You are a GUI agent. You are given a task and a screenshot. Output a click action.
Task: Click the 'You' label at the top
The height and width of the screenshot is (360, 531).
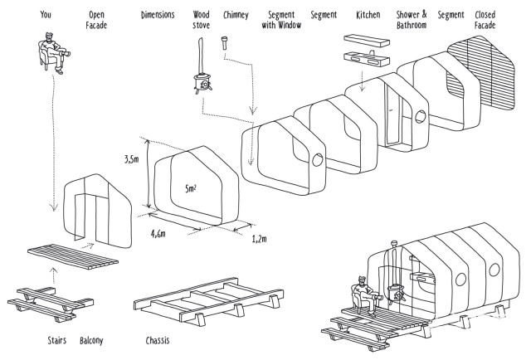(x=46, y=15)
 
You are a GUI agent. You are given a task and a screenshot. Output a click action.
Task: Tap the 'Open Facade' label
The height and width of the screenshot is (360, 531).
(x=96, y=20)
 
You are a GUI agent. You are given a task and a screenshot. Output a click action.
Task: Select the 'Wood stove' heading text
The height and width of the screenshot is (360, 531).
(x=201, y=20)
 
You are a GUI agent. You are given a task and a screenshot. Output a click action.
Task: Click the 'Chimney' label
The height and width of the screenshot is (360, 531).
(x=236, y=15)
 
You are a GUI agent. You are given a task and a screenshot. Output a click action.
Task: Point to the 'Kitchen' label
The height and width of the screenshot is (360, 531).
(x=368, y=15)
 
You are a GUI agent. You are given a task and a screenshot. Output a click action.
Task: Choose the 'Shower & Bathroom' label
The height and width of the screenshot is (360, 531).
(x=412, y=20)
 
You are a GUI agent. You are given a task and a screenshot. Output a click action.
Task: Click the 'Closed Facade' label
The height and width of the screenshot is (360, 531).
(x=485, y=20)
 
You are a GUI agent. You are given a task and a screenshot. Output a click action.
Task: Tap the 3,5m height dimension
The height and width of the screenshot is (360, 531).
(x=132, y=159)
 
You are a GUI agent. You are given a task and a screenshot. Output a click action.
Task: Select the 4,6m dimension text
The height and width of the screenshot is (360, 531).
(x=158, y=234)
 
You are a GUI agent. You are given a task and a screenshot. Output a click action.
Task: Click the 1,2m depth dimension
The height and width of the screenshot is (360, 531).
(x=259, y=239)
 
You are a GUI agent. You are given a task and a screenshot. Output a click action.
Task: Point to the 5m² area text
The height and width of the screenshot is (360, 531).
(x=191, y=188)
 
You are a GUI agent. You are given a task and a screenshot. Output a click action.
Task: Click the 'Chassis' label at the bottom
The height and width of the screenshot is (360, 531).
(x=158, y=340)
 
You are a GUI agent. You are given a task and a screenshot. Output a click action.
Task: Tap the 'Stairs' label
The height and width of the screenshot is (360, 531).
(x=57, y=340)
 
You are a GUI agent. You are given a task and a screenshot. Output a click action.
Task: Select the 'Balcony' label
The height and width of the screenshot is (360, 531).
(x=91, y=340)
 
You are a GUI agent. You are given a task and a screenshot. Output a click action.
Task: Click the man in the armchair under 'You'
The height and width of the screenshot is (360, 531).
(x=54, y=53)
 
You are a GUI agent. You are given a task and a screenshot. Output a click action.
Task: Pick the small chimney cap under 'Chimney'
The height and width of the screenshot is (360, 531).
(x=224, y=43)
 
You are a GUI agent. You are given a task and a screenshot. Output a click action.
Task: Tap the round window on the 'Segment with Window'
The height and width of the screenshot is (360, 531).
(x=317, y=159)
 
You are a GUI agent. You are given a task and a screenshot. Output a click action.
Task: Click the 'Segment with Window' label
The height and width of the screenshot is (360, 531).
(x=281, y=20)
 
